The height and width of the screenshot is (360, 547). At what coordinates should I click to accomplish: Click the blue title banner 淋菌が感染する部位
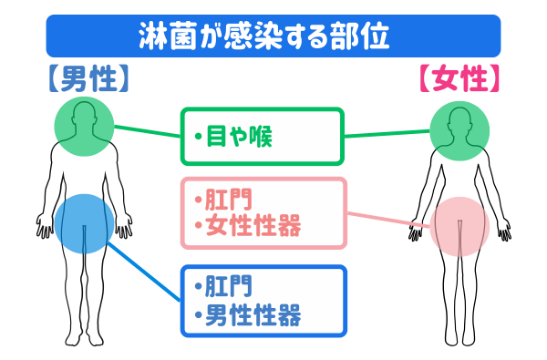coord(273,36)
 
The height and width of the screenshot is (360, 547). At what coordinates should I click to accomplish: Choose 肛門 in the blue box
coord(228,289)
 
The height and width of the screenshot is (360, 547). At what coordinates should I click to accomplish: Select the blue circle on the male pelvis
coord(83,222)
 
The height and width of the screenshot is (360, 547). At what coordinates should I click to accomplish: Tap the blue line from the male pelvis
coord(146,273)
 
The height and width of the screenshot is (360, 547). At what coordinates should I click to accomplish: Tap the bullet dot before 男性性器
coord(198,316)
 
